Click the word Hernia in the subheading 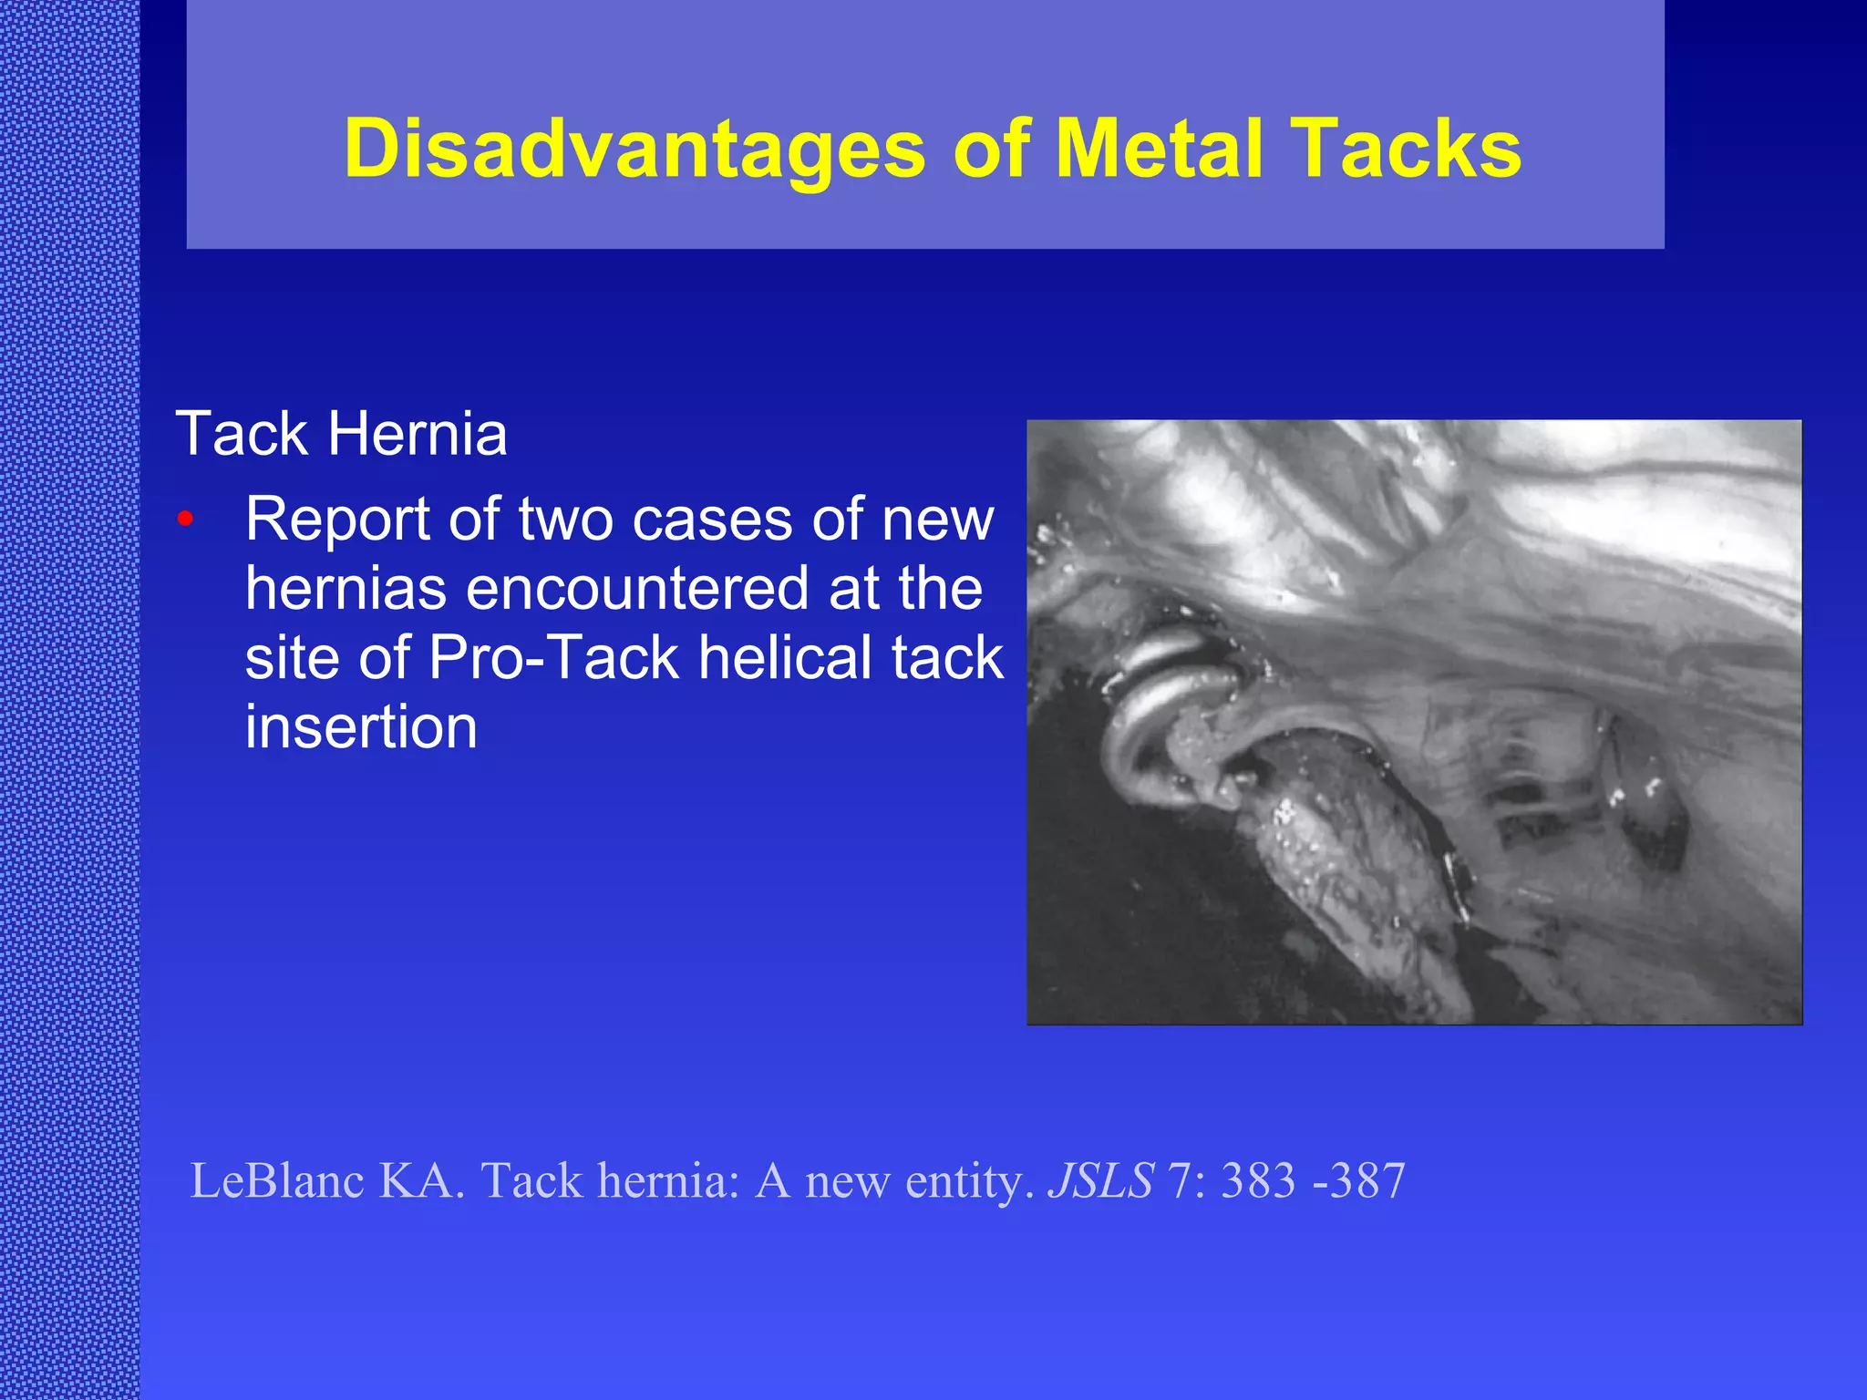[417, 434]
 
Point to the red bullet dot [186, 520]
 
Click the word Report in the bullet [338, 521]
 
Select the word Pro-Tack [553, 658]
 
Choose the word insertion [361, 727]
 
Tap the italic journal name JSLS [1101, 1180]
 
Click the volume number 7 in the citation [1180, 1180]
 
